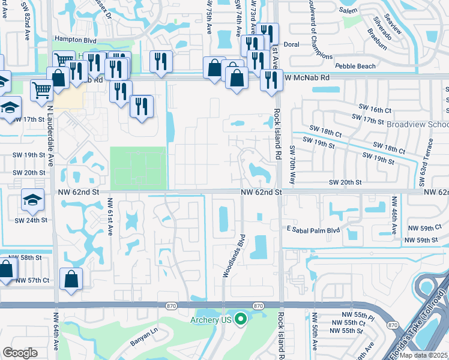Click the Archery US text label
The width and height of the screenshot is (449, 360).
coord(211,319)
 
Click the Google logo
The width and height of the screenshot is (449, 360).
coord(20,353)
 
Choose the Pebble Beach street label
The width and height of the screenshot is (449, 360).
coord(355,66)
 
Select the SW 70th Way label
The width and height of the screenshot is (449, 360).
coord(292,164)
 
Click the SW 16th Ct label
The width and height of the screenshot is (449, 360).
coord(377,110)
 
